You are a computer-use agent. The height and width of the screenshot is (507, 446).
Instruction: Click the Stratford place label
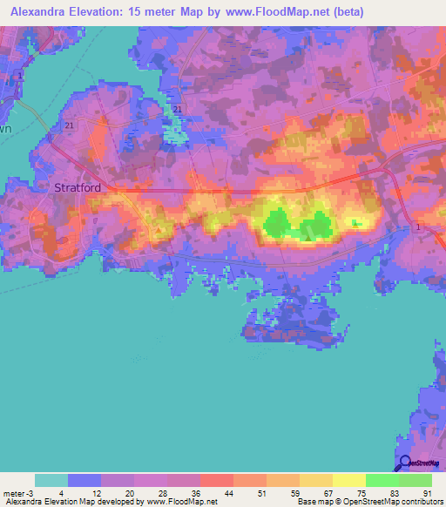(78, 186)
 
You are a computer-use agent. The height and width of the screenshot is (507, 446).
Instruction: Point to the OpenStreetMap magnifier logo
(403, 464)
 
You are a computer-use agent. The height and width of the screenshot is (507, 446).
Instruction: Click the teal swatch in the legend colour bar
(51, 480)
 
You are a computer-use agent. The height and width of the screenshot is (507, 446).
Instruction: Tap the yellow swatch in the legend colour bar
(348, 480)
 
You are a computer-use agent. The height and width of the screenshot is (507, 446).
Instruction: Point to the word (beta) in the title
(346, 12)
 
